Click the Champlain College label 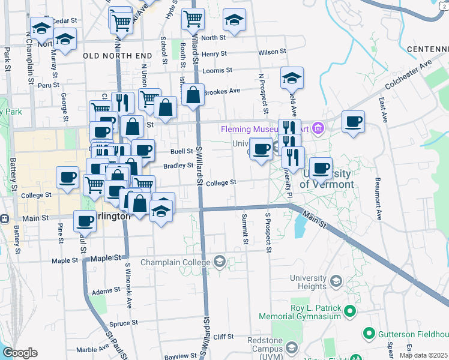click(x=178, y=261)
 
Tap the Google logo click(x=20, y=353)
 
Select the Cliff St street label click(x=223, y=337)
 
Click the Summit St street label click(x=245, y=229)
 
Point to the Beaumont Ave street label click(x=379, y=196)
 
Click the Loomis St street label click(x=217, y=70)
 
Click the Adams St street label click(x=101, y=292)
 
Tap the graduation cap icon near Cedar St click(x=42, y=28)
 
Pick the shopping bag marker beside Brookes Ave click(x=193, y=95)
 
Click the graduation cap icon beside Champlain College click(x=219, y=261)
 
